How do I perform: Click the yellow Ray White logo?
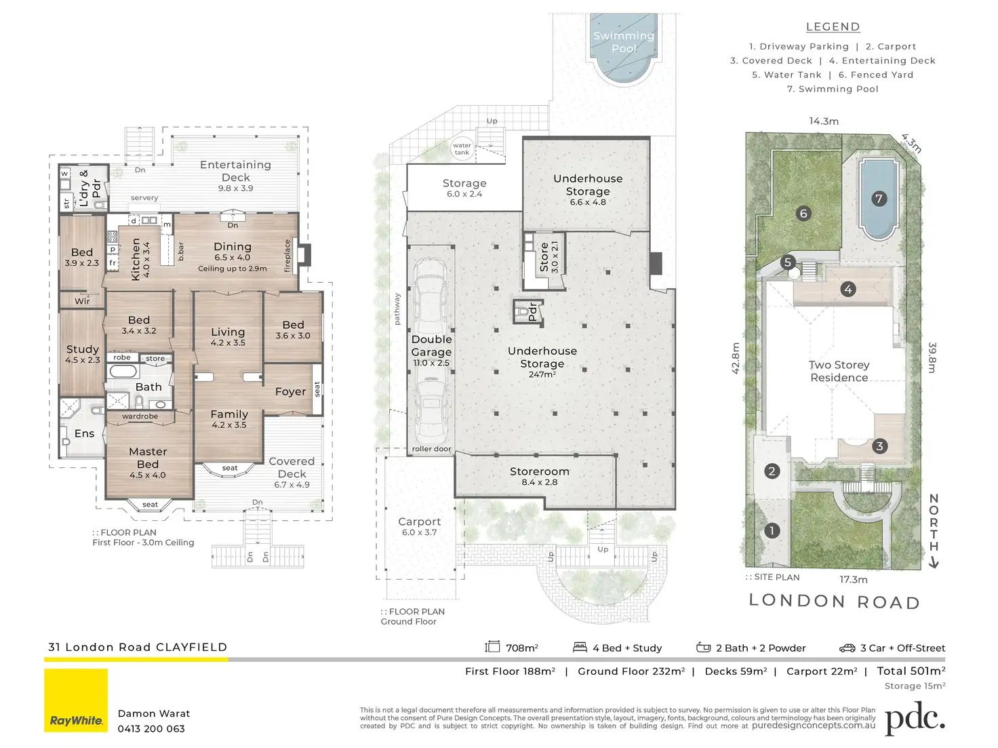pyautogui.click(x=76, y=701)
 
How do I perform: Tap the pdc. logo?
pyautogui.click(x=915, y=718)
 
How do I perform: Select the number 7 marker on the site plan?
pyautogui.click(x=879, y=199)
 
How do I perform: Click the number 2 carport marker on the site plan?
pyautogui.click(x=772, y=471)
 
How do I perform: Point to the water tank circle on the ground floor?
pyautogui.click(x=462, y=149)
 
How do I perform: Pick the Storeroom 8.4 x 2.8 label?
pyautogui.click(x=539, y=476)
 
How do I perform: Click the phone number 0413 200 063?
pyautogui.click(x=151, y=729)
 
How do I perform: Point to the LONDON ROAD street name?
pyautogui.click(x=835, y=601)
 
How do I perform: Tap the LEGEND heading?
pyautogui.click(x=833, y=27)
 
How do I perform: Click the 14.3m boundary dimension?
pyautogui.click(x=824, y=121)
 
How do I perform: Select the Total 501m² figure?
pyautogui.click(x=911, y=671)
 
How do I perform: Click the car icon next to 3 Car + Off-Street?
pyautogui.click(x=847, y=648)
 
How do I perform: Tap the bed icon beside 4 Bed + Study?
pyautogui.click(x=580, y=647)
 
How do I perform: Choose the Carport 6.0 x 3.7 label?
pyautogui.click(x=419, y=526)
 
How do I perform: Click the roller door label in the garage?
pyautogui.click(x=431, y=449)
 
